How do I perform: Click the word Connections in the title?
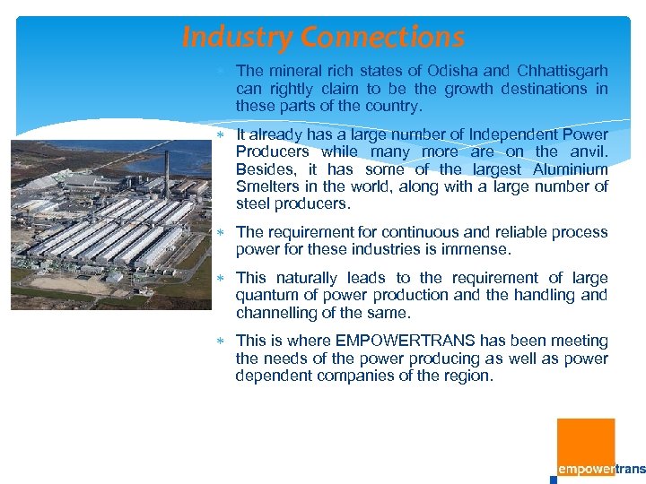click(383, 38)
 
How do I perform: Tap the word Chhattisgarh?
click(558, 71)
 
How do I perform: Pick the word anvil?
click(588, 152)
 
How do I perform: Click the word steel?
click(252, 204)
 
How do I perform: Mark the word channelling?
click(277, 312)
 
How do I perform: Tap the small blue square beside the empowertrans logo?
click(554, 479)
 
